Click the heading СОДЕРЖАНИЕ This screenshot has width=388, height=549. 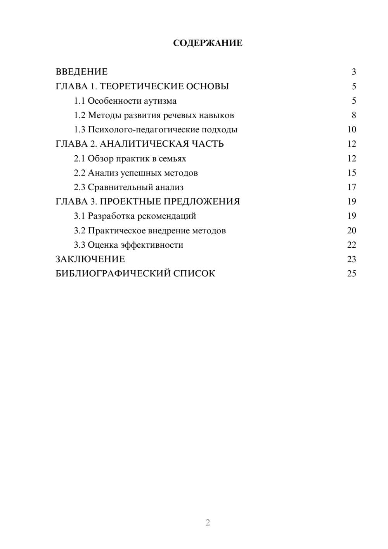[x=208, y=43]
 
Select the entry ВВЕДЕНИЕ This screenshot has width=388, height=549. [x=81, y=72]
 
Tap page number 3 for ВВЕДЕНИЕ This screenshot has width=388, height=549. [x=353, y=72]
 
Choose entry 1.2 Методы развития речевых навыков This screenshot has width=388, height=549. [x=154, y=115]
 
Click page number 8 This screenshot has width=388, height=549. [x=353, y=115]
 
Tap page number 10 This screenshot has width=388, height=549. [x=352, y=130]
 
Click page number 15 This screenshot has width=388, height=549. [x=352, y=173]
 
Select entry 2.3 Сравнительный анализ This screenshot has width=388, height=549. [x=129, y=187]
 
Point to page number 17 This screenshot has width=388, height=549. [x=352, y=187]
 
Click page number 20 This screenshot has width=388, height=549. [x=352, y=231]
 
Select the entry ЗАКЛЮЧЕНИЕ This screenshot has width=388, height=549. [x=90, y=259]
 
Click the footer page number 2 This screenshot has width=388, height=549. [x=208, y=523]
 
